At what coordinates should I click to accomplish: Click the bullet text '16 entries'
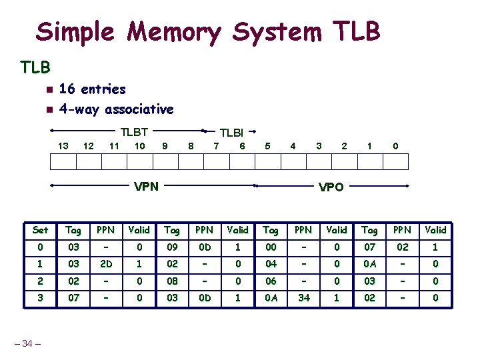[x=92, y=89]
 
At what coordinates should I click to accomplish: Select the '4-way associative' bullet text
[x=116, y=109]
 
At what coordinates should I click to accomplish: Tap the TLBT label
[x=133, y=132]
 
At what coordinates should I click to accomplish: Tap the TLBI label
[x=231, y=133]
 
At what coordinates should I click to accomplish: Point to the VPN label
[x=146, y=186]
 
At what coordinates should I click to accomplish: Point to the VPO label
[x=331, y=187]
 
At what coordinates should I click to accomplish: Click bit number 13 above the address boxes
[x=63, y=146]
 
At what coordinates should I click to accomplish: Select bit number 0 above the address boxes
[x=395, y=146]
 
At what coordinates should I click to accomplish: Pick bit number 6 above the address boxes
[x=242, y=146]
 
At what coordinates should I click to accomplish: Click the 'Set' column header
[x=40, y=230]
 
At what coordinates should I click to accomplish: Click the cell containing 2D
[x=105, y=263]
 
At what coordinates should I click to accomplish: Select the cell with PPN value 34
[x=303, y=297]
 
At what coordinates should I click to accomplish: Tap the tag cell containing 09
[x=172, y=247]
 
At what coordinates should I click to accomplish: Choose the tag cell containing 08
[x=172, y=281]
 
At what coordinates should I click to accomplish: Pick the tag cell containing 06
[x=271, y=281]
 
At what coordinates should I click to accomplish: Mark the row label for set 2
[x=40, y=281]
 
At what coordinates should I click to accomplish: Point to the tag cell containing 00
[x=271, y=247]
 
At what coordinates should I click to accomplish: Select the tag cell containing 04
[x=271, y=263]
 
